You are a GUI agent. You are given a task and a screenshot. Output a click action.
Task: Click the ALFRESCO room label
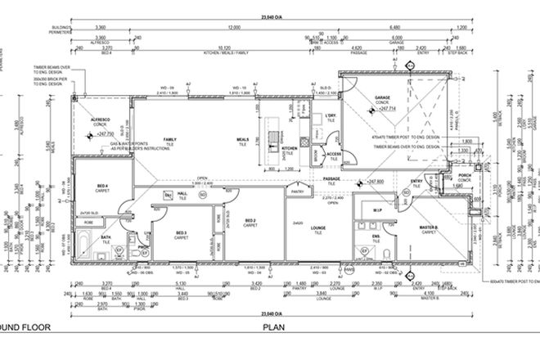[101, 119]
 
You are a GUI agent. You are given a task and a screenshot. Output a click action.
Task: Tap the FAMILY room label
[170, 140]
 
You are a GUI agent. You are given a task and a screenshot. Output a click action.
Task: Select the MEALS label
[243, 140]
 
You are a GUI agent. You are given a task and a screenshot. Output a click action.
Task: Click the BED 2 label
[251, 219]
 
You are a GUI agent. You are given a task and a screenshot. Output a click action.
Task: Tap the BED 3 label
[182, 232]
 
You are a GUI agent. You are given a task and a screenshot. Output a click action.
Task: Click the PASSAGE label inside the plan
[331, 178]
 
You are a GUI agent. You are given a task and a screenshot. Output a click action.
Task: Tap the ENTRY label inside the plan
[417, 182]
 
